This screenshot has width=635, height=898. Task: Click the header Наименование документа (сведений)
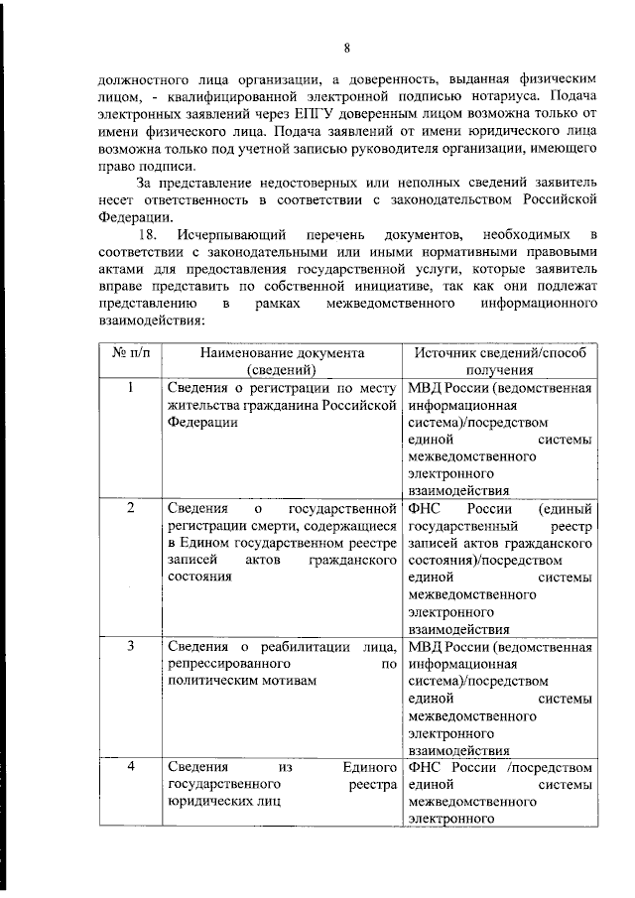[x=282, y=360]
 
